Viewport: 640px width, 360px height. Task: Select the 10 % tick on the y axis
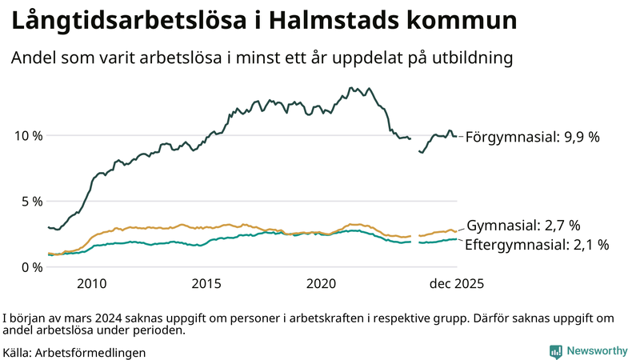coord(28,135)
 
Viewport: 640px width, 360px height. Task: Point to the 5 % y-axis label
coord(31,201)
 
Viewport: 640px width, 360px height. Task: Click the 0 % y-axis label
coord(31,266)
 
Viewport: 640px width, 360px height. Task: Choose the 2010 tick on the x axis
coord(91,284)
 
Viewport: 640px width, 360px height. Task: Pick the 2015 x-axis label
coord(206,284)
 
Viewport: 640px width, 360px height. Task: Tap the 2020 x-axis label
coord(322,284)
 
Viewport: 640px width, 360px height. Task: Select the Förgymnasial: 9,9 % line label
coord(532,137)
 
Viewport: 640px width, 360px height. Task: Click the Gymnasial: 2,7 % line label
coord(523,226)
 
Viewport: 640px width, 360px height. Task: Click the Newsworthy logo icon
coord(555,351)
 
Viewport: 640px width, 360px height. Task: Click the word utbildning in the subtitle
coord(468,58)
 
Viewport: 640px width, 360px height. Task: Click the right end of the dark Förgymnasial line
coord(457,136)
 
